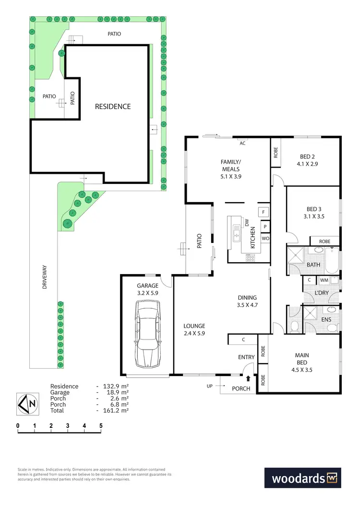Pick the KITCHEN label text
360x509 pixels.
[252, 239]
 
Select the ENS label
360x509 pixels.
[326, 319]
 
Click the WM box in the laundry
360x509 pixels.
[324, 280]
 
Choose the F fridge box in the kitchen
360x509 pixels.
[264, 212]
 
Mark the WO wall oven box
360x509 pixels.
[265, 238]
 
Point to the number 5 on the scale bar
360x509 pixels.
[101, 425]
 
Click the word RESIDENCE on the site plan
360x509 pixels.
[112, 106]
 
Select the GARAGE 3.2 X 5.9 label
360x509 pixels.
[147, 289]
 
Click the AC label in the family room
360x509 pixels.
[242, 143]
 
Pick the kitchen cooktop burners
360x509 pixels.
[251, 257]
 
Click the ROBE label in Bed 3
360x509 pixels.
[325, 241]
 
